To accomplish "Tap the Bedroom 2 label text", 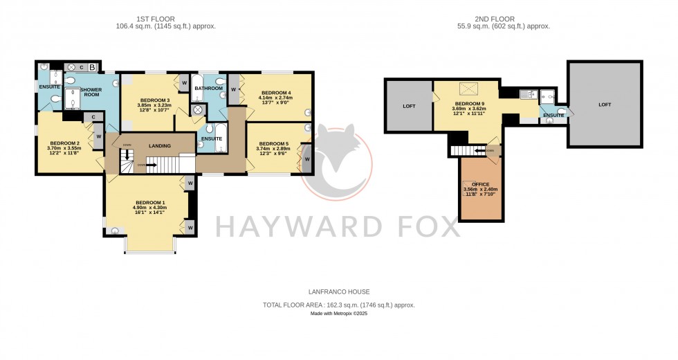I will tap(64, 142).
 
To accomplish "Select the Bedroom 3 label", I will tap(154, 100).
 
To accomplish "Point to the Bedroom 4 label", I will tap(275, 93).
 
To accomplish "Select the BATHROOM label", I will tap(208, 89).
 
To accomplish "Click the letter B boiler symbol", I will tap(91, 67).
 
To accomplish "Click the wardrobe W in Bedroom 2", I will tap(99, 136).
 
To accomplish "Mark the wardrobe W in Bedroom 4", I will tap(234, 89).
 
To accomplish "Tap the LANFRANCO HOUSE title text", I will tap(338, 292).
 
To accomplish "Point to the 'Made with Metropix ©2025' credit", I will tap(338, 314).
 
